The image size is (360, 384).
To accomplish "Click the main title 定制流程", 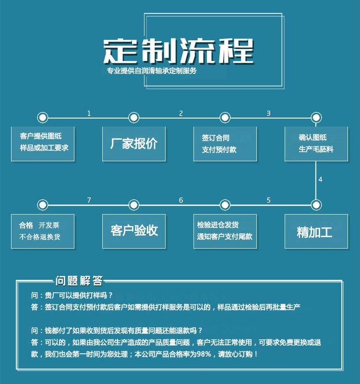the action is pyautogui.click(x=178, y=51).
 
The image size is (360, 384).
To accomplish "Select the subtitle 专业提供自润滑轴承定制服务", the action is pyautogui.click(x=152, y=71).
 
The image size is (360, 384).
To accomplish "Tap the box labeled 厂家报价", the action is pyautogui.click(x=134, y=144).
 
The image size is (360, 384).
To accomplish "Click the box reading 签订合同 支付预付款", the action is pyautogui.click(x=225, y=144).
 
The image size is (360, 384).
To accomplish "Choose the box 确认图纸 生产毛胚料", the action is pyautogui.click(x=316, y=144).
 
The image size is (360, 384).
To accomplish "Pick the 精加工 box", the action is pyautogui.click(x=316, y=231).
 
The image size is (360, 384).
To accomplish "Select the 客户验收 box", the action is pyautogui.click(x=134, y=231).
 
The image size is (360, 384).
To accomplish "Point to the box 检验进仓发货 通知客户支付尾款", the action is pyautogui.click(x=225, y=231).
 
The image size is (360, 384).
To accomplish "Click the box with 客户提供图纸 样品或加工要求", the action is pyautogui.click(x=43, y=144).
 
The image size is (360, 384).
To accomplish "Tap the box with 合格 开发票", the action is pyautogui.click(x=43, y=231).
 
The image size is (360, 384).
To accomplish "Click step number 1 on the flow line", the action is pyautogui.click(x=89, y=113).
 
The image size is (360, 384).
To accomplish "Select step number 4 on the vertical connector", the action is pyautogui.click(x=320, y=180).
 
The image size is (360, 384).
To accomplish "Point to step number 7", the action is pyautogui.click(x=89, y=200).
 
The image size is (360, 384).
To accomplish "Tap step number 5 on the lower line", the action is pyautogui.click(x=269, y=200).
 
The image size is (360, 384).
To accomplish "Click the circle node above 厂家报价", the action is pyautogui.click(x=134, y=118).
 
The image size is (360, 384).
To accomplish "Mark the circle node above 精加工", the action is pyautogui.click(x=316, y=205).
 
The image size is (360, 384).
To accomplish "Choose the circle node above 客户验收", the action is pyautogui.click(x=134, y=205).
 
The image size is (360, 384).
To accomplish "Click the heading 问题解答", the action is pyautogui.click(x=79, y=281).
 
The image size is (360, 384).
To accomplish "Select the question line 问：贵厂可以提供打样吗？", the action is pyautogui.click(x=72, y=295).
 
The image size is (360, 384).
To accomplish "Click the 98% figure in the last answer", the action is pyautogui.click(x=204, y=354).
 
